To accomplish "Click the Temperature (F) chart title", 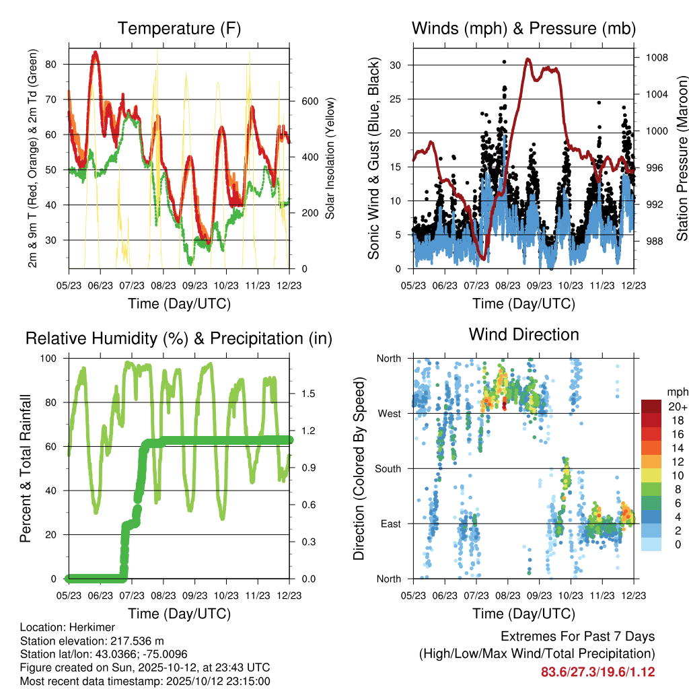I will coord(179,29).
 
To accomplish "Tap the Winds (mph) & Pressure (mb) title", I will coord(523,29).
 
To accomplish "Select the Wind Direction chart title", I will coord(523,334).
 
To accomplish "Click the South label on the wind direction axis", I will coord(388,468).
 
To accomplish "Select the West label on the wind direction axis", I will coord(390,413).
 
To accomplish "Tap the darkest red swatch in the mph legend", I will coord(651,406).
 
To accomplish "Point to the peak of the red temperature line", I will coord(96,52).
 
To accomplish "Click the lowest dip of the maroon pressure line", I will coord(482,258).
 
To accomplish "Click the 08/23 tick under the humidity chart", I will coord(164,595).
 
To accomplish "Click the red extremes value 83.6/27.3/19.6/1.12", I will coord(597,672).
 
